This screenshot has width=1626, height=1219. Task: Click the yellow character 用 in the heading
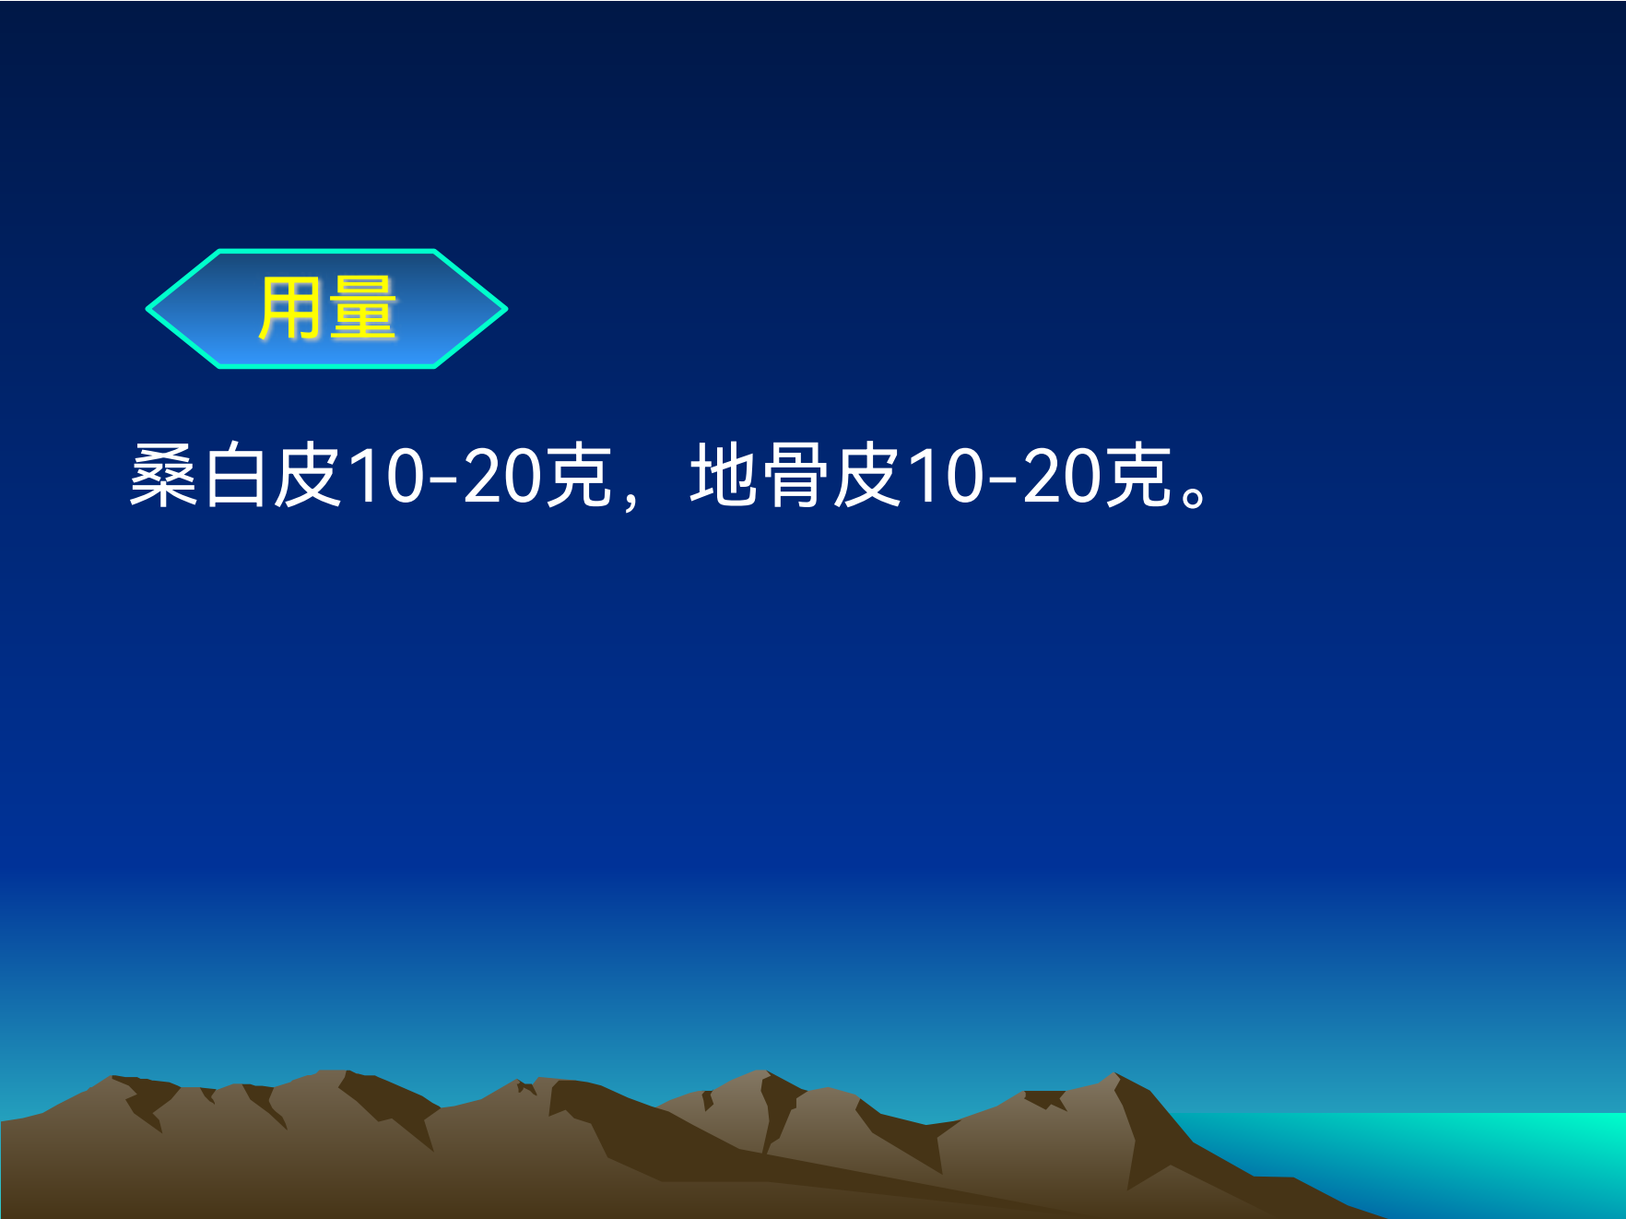click(x=291, y=309)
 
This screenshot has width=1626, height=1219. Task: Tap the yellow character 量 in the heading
click(x=363, y=309)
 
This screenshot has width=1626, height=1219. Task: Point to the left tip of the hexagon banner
click(x=147, y=309)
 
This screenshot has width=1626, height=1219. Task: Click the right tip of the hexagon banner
click(x=506, y=309)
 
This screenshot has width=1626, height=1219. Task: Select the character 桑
click(x=163, y=475)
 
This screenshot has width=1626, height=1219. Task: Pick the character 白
click(x=235, y=475)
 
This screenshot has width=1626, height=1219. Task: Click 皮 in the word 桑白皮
click(x=308, y=475)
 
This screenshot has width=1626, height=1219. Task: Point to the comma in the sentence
click(x=630, y=499)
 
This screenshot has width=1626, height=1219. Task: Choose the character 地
click(x=724, y=475)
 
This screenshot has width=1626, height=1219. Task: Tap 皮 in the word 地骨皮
click(x=867, y=475)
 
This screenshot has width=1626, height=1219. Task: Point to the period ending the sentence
click(x=1195, y=496)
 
